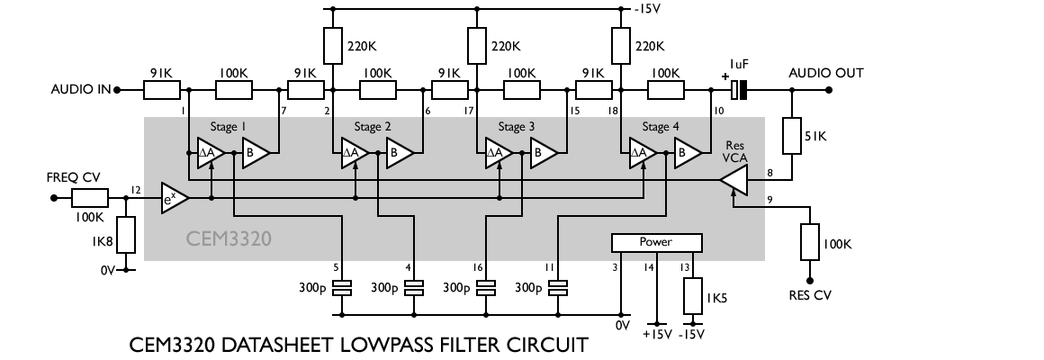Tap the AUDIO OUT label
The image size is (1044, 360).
825,73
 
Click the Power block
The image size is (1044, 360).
655,242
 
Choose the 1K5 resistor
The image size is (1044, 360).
691,296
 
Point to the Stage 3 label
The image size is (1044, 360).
515,127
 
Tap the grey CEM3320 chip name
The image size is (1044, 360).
229,239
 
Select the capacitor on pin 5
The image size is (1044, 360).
342,289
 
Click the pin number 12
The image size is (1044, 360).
135,190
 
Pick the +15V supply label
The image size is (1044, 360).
656,333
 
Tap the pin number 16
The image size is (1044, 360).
479,267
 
